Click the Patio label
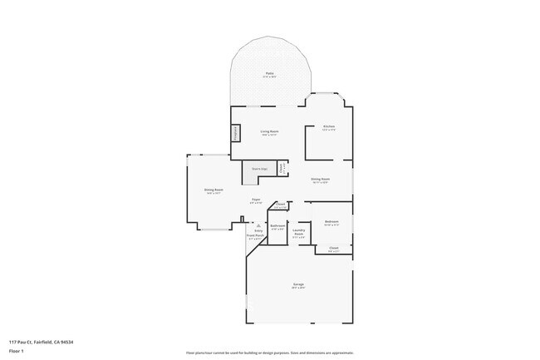point(269,75)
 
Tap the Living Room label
point(269,131)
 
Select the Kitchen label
point(329,126)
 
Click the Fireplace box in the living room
point(235,132)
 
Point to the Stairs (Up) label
point(258,169)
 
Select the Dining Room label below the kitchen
point(320,180)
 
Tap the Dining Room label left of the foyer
point(214,190)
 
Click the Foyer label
point(257,200)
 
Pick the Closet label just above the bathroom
point(281,205)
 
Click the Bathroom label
point(278,226)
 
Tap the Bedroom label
point(331,222)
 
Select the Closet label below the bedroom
point(333,248)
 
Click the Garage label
point(297,285)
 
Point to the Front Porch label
point(255,235)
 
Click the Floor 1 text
point(16,351)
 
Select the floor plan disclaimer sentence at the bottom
point(270,353)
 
